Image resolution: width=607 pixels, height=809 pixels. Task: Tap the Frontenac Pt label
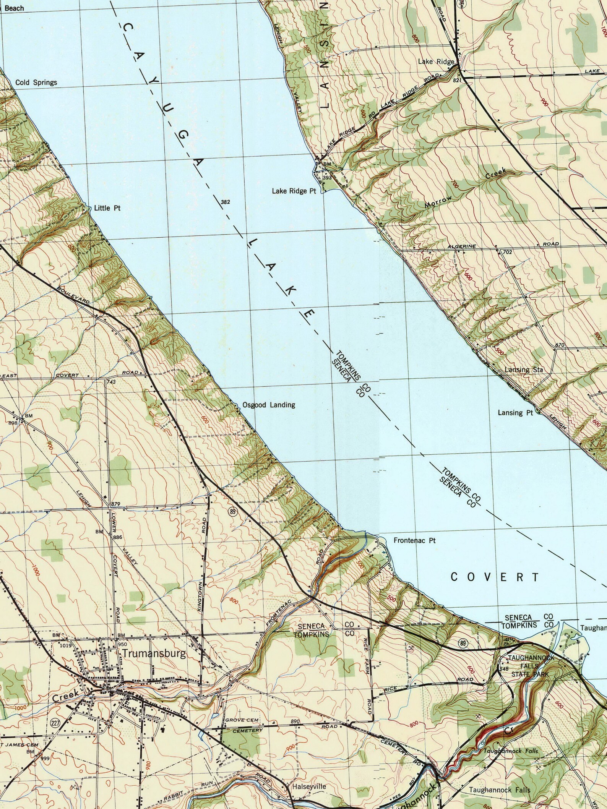pos(415,540)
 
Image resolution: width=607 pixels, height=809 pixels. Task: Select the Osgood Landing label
pos(269,405)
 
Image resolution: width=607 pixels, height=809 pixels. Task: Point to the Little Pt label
pos(107,208)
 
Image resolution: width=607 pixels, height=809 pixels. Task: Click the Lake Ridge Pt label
pos(294,191)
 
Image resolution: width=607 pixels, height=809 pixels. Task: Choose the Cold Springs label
pos(36,82)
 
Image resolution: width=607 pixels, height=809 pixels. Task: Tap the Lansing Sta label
pos(524,370)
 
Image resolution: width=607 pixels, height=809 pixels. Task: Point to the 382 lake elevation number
pos(226,202)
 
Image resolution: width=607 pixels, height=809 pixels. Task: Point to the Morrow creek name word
pos(438,201)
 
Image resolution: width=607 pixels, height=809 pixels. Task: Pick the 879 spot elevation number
pos(116,504)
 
